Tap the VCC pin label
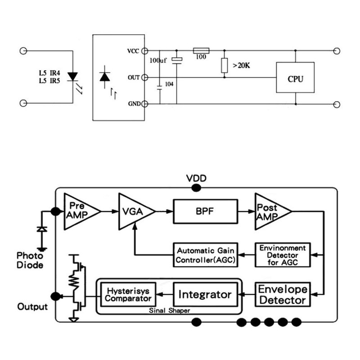pyautogui.click(x=133, y=51)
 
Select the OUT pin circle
pyautogui.click(x=144, y=77)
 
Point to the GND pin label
pyautogui.click(x=134, y=104)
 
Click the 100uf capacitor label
pyautogui.click(x=158, y=60)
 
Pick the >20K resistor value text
pyautogui.click(x=241, y=65)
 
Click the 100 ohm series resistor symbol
pyautogui.click(x=201, y=50)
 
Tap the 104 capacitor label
pyautogui.click(x=169, y=84)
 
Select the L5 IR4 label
pyautogui.click(x=49, y=73)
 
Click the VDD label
pyautogui.click(x=196, y=178)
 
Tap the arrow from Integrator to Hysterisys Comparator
pyautogui.click(x=165, y=295)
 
